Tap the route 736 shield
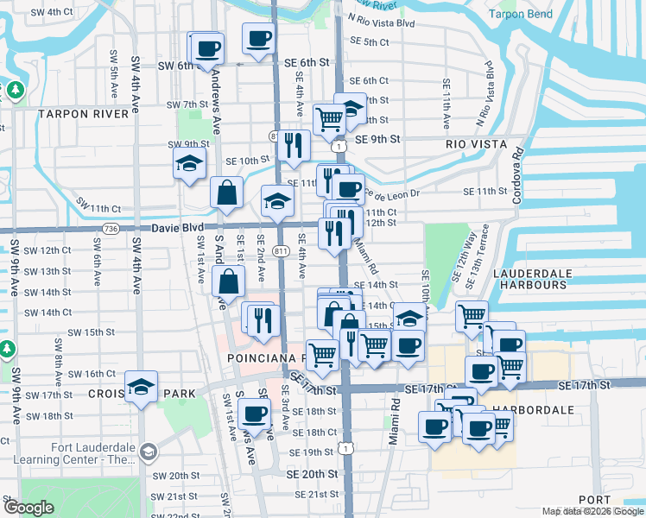(x=110, y=229)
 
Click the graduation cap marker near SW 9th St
(x=189, y=163)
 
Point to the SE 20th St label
(x=312, y=474)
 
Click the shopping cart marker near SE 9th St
(x=329, y=120)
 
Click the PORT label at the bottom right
(x=594, y=500)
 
